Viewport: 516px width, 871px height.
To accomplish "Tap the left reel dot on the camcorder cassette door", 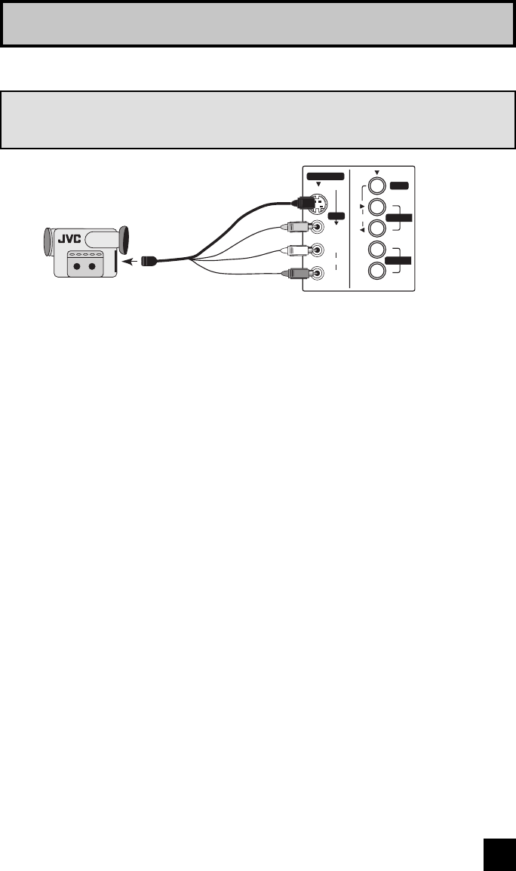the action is pyautogui.click(x=75, y=265).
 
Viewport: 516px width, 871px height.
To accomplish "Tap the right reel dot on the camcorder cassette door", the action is pyautogui.click(x=92, y=265).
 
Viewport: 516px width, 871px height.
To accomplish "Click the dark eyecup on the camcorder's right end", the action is pyautogui.click(x=124, y=241).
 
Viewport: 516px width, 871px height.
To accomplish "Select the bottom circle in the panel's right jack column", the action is pyautogui.click(x=377, y=271).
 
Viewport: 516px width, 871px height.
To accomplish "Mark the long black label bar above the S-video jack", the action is pyautogui.click(x=325, y=176).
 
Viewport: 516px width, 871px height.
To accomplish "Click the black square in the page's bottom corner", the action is pyautogui.click(x=499, y=854).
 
